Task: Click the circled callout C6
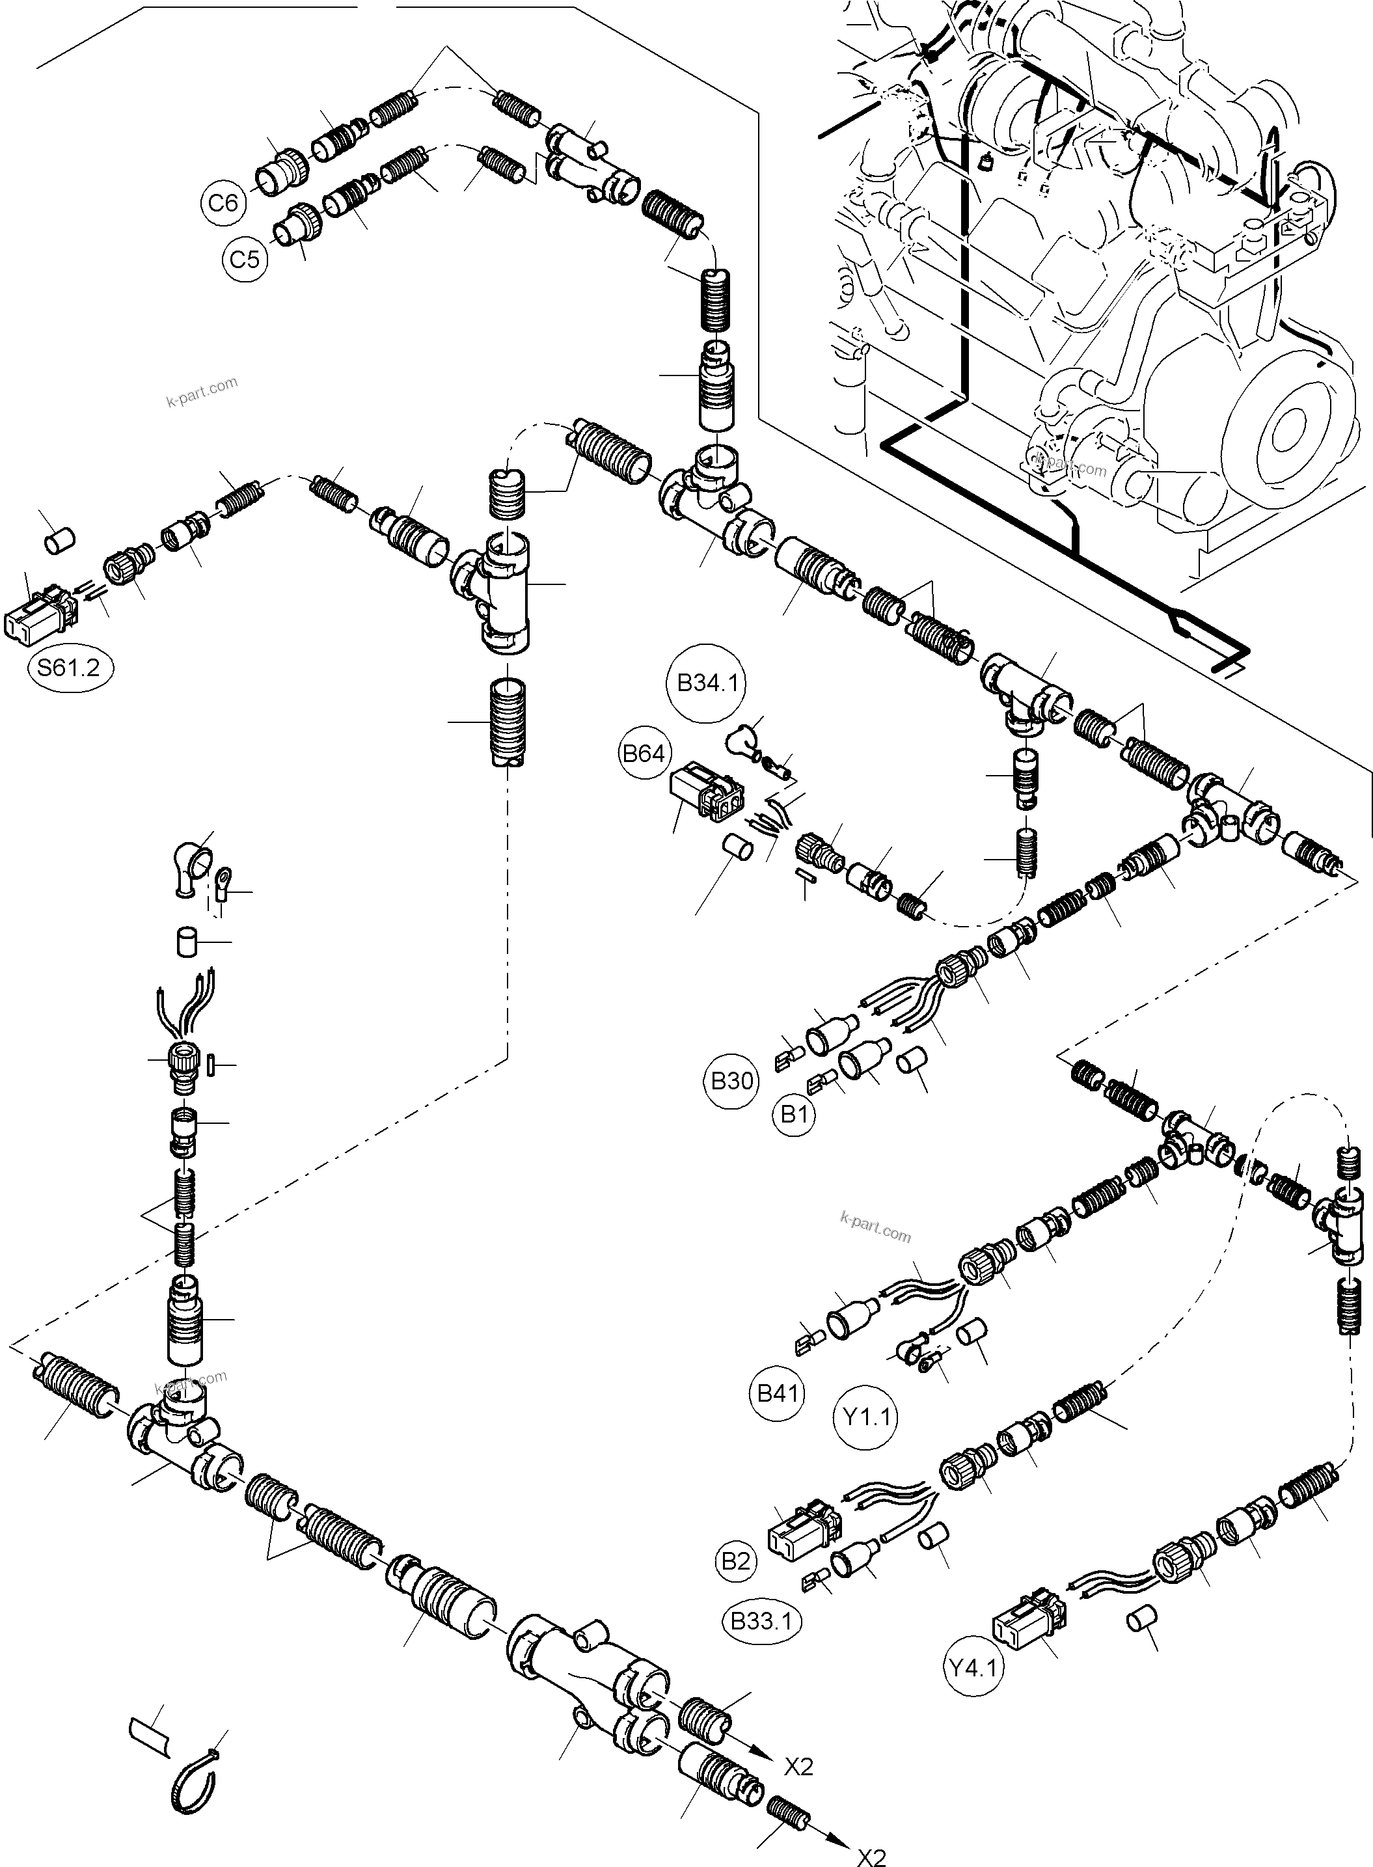(x=223, y=203)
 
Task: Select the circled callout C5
(x=245, y=260)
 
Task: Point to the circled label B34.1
(x=707, y=683)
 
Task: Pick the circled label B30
(x=732, y=1082)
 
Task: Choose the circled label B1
(x=795, y=1115)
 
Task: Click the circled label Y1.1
(x=867, y=1415)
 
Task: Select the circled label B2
(x=735, y=1561)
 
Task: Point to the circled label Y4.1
(x=974, y=1666)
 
